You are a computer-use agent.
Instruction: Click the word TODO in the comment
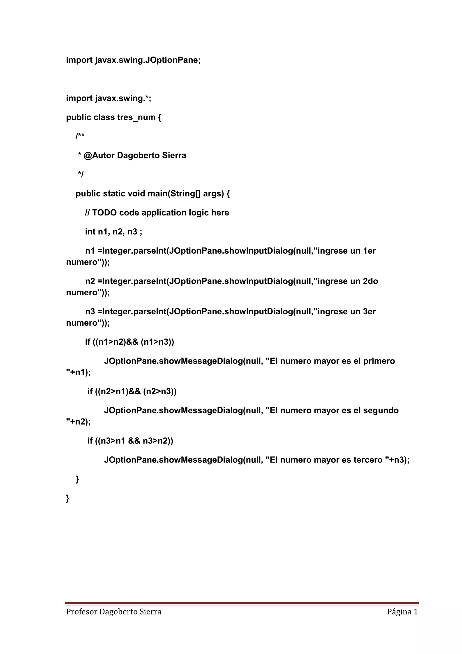[104, 213]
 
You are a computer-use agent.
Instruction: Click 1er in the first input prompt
[369, 251]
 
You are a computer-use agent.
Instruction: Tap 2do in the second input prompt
[370, 281]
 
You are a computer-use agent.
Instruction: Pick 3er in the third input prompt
[369, 312]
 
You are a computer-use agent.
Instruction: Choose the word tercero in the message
[368, 460]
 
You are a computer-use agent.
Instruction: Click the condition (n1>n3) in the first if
[157, 342]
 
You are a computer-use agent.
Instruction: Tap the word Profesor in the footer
[81, 612]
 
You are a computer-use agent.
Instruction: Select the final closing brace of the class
[68, 498]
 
